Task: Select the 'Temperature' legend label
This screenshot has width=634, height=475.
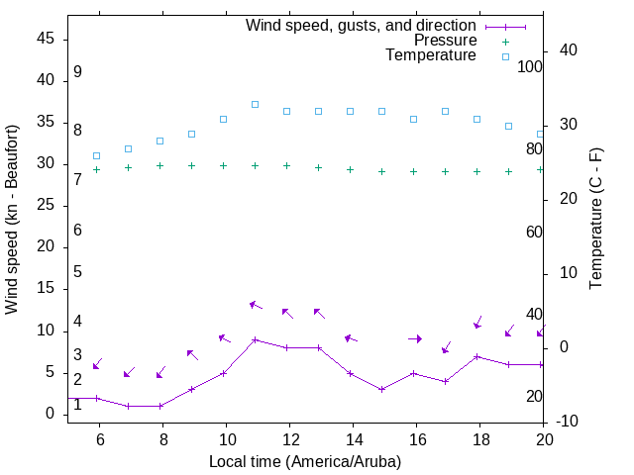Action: click(431, 55)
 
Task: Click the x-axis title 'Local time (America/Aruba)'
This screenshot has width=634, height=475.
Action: click(305, 461)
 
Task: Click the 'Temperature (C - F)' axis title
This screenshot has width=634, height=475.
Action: click(595, 220)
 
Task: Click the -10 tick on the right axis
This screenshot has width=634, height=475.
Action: click(572, 423)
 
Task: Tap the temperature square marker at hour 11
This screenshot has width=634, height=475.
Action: click(255, 104)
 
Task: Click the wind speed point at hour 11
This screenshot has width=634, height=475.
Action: click(255, 339)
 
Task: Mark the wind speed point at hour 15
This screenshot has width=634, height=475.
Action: click(381, 389)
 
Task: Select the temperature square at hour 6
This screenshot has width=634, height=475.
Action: click(96, 155)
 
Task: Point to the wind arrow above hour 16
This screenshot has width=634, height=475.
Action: click(414, 338)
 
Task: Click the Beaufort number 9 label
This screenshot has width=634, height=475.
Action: click(77, 72)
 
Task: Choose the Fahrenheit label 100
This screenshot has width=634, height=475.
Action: click(530, 66)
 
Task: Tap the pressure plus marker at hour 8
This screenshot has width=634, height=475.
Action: click(159, 166)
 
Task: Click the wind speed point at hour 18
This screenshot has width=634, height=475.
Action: click(476, 356)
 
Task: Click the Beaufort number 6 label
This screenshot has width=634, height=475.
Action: click(77, 231)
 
